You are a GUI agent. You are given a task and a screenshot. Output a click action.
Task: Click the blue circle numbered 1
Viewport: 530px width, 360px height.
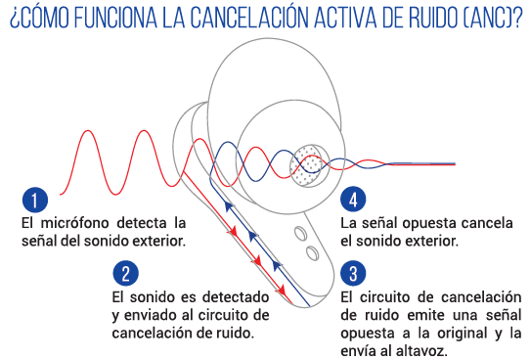[x=35, y=200]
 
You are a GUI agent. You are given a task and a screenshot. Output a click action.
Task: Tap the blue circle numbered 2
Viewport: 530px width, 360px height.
[x=125, y=274]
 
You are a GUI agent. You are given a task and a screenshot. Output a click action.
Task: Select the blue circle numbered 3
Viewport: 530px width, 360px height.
[x=353, y=274]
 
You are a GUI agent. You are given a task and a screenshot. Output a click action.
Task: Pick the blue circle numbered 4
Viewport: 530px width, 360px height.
[x=353, y=200]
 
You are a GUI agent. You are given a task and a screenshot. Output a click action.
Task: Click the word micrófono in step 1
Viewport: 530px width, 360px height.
[x=74, y=223]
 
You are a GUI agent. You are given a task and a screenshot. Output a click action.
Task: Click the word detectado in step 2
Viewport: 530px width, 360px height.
[x=236, y=297]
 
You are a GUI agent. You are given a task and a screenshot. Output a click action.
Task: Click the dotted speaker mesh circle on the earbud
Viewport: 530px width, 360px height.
[x=310, y=165]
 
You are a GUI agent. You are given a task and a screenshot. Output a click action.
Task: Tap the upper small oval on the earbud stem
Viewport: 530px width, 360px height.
[x=300, y=233]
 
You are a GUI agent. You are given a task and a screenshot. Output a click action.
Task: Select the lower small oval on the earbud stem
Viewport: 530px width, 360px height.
[x=313, y=252]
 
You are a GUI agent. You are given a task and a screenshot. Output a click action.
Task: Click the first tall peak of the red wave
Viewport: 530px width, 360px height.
[x=88, y=131]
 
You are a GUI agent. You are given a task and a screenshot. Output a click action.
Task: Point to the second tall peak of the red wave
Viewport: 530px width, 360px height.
[x=145, y=131]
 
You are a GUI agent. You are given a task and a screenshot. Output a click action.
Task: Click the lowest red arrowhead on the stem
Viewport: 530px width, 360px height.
[x=282, y=290]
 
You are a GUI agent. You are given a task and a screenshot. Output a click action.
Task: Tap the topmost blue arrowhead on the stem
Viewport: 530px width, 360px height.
[x=229, y=205]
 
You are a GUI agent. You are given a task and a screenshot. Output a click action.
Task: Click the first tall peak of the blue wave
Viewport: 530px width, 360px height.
[x=227, y=144]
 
